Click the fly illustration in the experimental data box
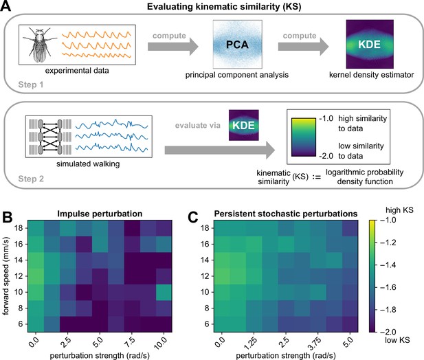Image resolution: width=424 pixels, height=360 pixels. coord(39,45)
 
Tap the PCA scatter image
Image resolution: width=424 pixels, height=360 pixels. coord(237,44)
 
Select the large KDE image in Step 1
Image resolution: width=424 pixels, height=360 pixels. coord(370,44)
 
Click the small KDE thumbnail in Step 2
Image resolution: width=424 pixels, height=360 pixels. coord(244,125)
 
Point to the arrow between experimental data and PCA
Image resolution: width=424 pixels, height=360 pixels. coord(172,47)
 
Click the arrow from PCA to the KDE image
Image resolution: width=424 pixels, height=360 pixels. coord(303,47)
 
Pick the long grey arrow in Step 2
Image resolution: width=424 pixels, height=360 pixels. coord(220,150)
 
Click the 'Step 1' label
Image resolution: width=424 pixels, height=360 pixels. coord(31,85)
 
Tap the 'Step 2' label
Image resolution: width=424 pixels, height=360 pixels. coord(31,179)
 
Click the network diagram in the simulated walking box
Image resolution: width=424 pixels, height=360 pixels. coord(50,137)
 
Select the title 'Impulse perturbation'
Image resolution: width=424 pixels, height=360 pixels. coord(100,214)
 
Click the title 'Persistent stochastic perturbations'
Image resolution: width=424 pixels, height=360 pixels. coord(286,214)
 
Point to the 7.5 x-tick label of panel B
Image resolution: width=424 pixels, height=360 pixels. coord(130,343)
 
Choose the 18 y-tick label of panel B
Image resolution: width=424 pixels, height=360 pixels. coord(19,228)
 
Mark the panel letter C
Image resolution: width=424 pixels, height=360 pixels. coord(193,217)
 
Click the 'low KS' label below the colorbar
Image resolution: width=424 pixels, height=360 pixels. coord(397,339)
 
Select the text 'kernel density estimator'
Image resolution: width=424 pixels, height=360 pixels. coord(371,75)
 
